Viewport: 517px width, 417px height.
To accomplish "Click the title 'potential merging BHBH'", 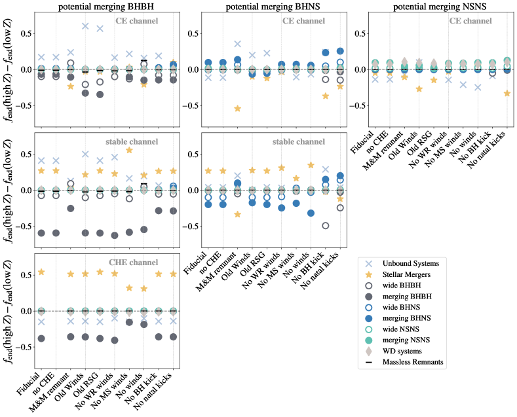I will pyautogui.click(x=106, y=6).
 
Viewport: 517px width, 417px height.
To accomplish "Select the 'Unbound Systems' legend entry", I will pyautogui.click(x=422, y=263).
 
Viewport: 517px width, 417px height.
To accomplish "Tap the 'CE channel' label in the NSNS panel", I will pyautogui.click(x=469, y=21).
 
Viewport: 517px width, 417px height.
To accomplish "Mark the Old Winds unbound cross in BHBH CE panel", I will pyautogui.click(x=85, y=26).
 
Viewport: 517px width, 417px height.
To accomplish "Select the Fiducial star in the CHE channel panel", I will pyautogui.click(x=42, y=272).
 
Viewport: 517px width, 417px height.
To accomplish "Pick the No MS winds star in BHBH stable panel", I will pyautogui.click(x=129, y=150).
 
